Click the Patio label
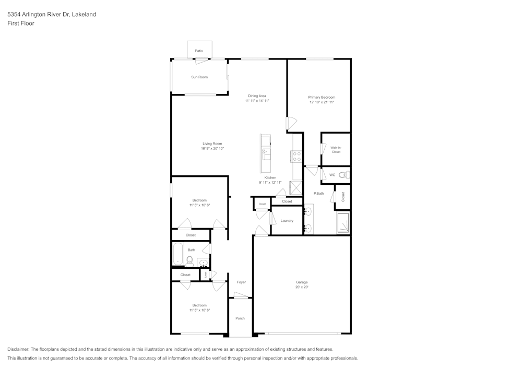coord(198,51)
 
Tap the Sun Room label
coord(199,77)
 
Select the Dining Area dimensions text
coord(257,101)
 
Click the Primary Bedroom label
coord(322,97)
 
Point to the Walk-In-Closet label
coord(336,150)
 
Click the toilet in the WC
coord(343,175)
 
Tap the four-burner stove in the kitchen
coord(296,156)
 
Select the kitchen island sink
coord(266,153)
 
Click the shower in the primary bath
coord(343,223)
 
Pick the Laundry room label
coord(287,221)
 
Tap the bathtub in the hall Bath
coord(177,254)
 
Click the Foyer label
coord(241,282)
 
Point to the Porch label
coord(240,318)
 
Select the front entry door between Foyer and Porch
coord(241,296)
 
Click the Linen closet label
coord(206,275)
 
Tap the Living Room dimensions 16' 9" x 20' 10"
coord(212,149)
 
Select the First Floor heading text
coord(20,23)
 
